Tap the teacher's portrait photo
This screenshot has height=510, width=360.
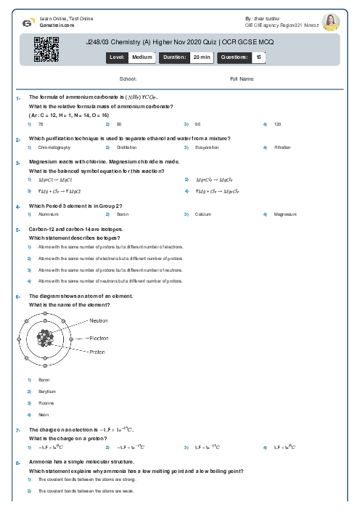[x=331, y=23]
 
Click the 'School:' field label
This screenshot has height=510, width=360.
[x=128, y=78]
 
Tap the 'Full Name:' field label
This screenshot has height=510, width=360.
[x=242, y=78]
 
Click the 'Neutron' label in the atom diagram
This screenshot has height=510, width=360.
[x=99, y=320]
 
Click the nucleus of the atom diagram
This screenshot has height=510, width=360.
[x=47, y=339]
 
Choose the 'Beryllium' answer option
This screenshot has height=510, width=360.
[x=47, y=391]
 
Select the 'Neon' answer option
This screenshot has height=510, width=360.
[x=43, y=414]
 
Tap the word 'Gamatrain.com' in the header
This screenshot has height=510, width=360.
[x=55, y=23]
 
